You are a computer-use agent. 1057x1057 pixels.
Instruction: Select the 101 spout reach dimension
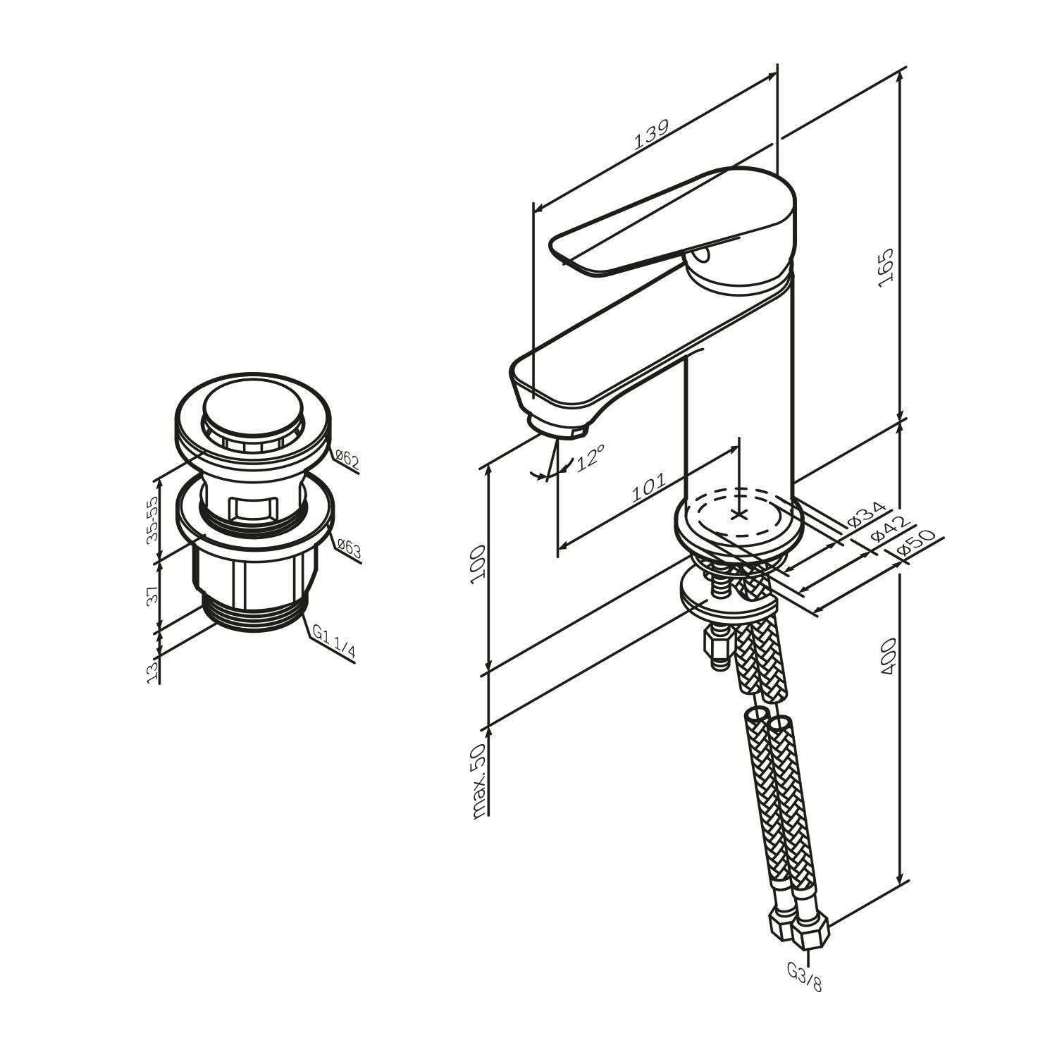648,488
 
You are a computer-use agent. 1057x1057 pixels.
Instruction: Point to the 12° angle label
591,457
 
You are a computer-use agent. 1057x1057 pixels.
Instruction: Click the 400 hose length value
886,657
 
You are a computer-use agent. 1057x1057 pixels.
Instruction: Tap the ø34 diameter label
865,515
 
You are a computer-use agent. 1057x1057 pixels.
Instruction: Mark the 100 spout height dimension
479,561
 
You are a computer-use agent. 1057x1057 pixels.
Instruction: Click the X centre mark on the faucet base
738,514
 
